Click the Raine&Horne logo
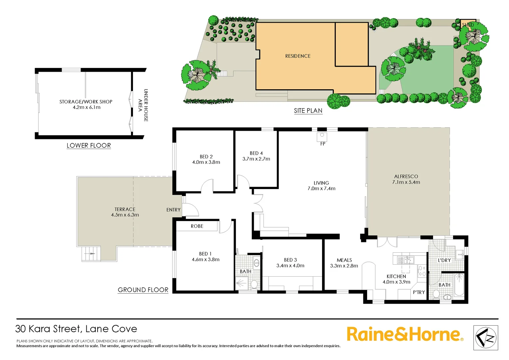[405, 334]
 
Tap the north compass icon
[486, 338]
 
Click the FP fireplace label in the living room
[322, 144]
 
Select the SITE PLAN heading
[308, 111]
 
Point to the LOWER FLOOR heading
[89, 145]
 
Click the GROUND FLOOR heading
[143, 290]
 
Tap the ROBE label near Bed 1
[197, 226]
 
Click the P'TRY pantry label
[419, 292]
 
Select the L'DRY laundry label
[444, 260]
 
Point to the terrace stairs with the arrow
[91, 254]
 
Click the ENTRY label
[173, 210]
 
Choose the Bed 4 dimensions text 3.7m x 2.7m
[256, 159]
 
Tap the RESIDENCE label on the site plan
[298, 56]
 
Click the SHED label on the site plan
[468, 25]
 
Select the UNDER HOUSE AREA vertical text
[143, 105]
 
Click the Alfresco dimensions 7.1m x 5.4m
[406, 182]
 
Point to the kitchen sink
[407, 260]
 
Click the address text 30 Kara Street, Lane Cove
[76, 329]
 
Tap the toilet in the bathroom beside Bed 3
[254, 284]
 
